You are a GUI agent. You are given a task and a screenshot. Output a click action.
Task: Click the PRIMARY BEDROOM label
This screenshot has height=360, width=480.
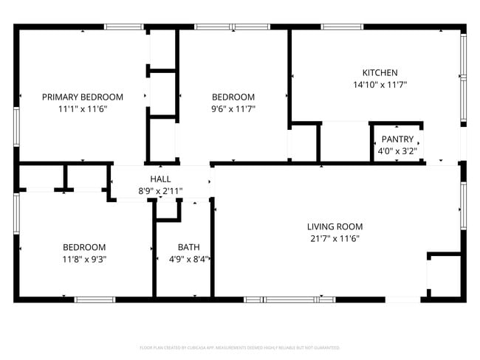(x=83, y=97)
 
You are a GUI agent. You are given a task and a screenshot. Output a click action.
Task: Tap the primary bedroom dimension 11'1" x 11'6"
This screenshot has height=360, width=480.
(x=83, y=109)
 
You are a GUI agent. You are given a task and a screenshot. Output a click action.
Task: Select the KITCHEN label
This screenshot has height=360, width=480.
(x=380, y=72)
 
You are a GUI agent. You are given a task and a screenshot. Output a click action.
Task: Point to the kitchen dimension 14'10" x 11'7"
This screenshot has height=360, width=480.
(x=380, y=85)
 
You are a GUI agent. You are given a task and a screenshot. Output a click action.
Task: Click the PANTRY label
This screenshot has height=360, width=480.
(x=397, y=139)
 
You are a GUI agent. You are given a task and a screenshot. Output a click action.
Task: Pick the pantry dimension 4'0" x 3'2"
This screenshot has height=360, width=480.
(x=397, y=151)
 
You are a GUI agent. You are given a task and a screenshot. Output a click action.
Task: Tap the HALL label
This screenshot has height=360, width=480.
(x=160, y=179)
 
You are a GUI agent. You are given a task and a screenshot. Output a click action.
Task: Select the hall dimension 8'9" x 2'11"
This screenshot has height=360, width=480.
(x=160, y=191)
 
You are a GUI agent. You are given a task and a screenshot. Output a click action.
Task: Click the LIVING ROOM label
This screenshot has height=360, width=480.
(x=335, y=226)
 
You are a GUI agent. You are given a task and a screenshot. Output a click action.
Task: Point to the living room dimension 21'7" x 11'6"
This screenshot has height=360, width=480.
(x=335, y=238)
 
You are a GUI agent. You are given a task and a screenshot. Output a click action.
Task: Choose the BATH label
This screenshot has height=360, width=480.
(x=188, y=247)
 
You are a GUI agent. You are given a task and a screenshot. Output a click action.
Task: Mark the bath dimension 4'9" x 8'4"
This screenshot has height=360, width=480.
(x=188, y=259)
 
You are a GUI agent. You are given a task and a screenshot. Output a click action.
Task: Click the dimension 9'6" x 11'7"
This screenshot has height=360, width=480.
(x=233, y=109)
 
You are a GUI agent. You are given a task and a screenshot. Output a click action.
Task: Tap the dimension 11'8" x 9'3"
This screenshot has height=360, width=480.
(x=83, y=259)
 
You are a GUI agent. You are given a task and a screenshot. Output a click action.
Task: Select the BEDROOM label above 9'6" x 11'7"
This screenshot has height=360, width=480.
(x=233, y=97)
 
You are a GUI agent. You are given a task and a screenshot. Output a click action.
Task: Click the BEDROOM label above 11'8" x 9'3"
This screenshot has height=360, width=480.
(x=83, y=247)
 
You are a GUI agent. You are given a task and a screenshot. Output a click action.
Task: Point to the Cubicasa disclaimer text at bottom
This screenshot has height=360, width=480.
(x=240, y=347)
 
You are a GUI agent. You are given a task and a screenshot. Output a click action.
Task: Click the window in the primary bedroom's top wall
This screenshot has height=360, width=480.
(x=124, y=27)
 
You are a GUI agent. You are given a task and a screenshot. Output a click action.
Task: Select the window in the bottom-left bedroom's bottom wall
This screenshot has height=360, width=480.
(x=95, y=300)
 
